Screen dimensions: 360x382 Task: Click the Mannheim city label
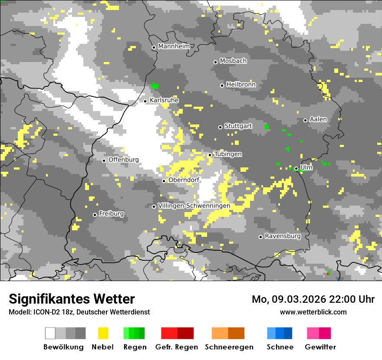pos(174,46)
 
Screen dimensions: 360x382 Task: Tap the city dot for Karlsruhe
pos(145,101)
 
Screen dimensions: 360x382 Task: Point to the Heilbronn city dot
pos(222,85)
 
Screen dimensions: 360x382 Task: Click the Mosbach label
pos(233,61)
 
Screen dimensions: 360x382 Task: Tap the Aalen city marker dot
pos(305,120)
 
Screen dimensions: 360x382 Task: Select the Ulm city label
pos(306,167)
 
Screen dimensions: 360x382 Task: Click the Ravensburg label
pos(283,236)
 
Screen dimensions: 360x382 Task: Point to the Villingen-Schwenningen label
pos(194,206)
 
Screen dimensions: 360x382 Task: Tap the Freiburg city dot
pos(95,215)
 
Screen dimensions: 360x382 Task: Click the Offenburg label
pos(124,160)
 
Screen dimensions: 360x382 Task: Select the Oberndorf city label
pos(184,180)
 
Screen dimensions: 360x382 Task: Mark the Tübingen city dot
pos(210,155)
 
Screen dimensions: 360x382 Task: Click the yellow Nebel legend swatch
pos(103,333)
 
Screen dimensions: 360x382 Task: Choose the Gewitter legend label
pos(320,347)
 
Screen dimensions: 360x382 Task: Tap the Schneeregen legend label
pos(229,347)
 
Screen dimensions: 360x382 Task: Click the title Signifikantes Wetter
pos(72,299)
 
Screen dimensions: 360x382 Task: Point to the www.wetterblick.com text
pos(313,312)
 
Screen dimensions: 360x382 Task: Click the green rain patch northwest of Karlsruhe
pos(155,86)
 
